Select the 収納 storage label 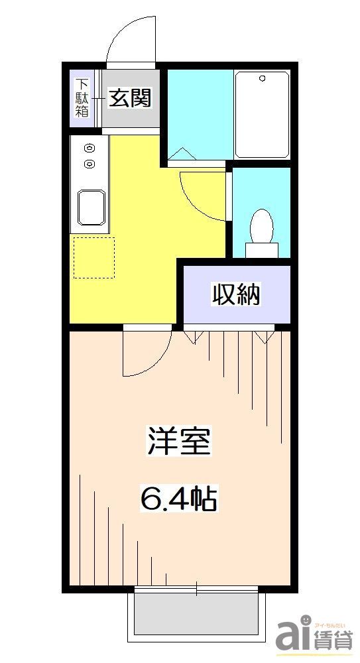236,294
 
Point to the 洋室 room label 178,442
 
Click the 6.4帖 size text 178,499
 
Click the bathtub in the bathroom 262,115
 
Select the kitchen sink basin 91,207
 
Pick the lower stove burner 89,163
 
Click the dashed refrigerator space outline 93,257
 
